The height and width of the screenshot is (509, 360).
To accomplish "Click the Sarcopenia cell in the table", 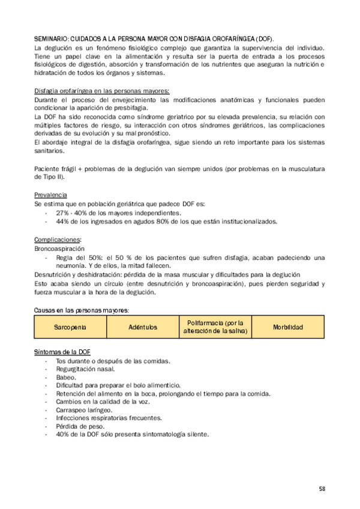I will (70, 327).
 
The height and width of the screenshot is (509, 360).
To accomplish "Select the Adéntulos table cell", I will (142, 327).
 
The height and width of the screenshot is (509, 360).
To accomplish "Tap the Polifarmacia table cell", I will (215, 327).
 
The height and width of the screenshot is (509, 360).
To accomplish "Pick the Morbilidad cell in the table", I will (287, 327).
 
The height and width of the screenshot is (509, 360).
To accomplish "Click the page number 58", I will (322, 489).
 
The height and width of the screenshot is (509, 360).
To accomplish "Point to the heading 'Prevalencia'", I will (50, 195).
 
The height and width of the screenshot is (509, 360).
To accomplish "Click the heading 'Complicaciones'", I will (57, 239).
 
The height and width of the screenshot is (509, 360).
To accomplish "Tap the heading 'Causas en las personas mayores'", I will (81, 310).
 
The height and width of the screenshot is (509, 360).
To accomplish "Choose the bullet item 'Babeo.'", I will (65, 377).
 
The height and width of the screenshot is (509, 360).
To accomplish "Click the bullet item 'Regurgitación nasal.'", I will (85, 369).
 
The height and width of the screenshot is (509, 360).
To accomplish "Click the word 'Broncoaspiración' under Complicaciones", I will (59, 248).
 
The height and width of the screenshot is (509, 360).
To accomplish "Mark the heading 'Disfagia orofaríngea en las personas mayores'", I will (101, 90).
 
